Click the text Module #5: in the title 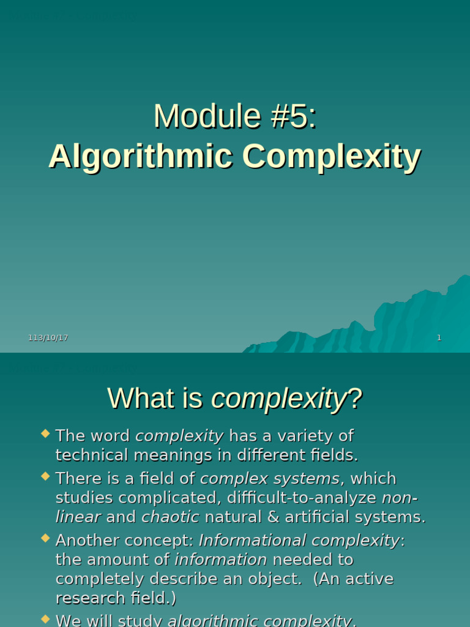[235, 116]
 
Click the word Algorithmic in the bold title [140, 157]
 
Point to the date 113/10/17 [48, 338]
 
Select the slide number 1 [439, 338]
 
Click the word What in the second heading [135, 399]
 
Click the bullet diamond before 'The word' [45, 434]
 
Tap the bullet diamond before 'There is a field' [45, 476]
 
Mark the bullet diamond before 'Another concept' [45, 538]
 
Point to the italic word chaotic [170, 517]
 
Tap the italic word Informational [252, 540]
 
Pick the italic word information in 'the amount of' [221, 560]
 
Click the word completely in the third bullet [101, 579]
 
